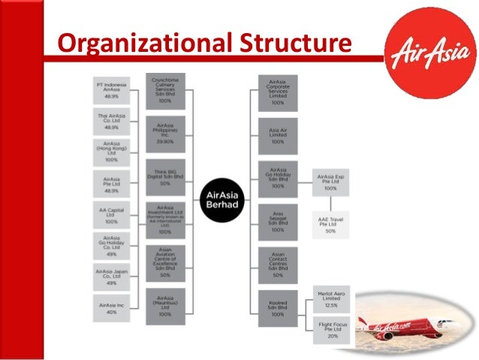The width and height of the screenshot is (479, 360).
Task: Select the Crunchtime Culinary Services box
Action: (165, 90)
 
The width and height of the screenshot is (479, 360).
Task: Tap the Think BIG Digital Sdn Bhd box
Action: (165, 174)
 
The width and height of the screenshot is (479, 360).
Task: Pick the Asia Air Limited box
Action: (277, 135)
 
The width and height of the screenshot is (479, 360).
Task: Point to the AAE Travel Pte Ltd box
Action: (330, 225)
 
